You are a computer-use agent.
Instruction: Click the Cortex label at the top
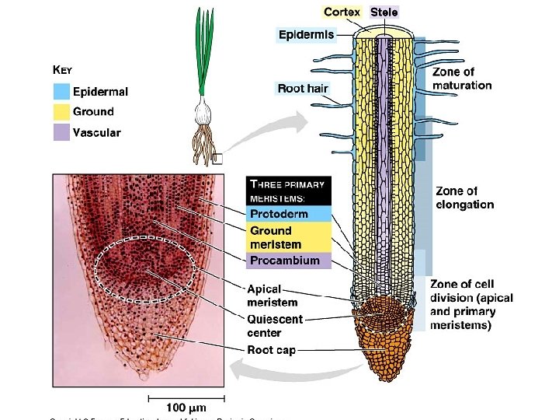[342, 12]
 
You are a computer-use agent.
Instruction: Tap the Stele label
[384, 12]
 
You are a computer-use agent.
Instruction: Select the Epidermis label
[307, 34]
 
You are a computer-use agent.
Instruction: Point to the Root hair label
[302, 88]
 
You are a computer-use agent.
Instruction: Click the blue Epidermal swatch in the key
[61, 91]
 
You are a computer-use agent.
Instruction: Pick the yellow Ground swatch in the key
[61, 111]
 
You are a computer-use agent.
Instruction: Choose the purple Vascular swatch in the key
[61, 132]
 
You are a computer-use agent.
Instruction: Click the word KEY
[62, 69]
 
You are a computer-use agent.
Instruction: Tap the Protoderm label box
[289, 214]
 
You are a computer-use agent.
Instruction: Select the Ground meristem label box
[289, 236]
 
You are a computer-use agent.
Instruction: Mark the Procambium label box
[289, 261]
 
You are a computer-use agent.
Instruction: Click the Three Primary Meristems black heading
[289, 191]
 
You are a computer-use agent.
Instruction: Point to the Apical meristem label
[272, 296]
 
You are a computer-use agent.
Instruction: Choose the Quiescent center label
[275, 324]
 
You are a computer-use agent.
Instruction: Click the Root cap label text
[271, 350]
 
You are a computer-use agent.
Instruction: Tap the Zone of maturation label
[462, 79]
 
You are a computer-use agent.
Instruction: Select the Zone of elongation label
[464, 198]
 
